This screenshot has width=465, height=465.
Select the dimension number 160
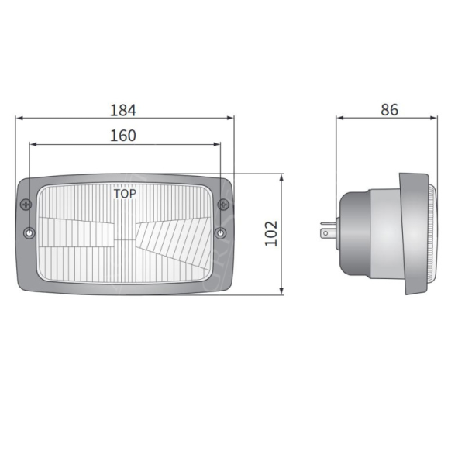(x=122, y=135)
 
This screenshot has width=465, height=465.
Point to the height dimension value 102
(x=270, y=233)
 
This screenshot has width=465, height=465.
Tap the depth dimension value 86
(x=389, y=109)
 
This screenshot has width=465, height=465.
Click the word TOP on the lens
(x=125, y=194)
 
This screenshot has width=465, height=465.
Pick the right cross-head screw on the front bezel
(x=224, y=205)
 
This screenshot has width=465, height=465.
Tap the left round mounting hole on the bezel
(x=29, y=233)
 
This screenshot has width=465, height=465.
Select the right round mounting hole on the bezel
(x=222, y=233)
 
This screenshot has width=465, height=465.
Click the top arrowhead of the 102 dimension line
(x=281, y=178)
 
